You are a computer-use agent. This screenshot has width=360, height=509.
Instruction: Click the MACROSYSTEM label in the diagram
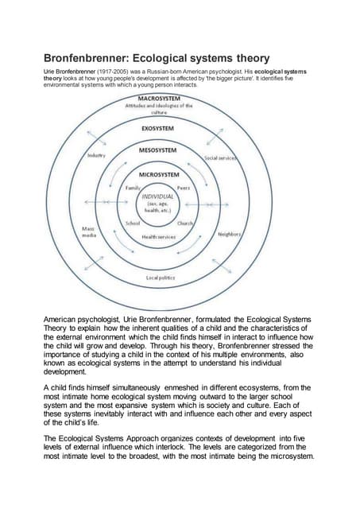tap(159, 99)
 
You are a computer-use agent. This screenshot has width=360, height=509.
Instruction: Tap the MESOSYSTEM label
tap(159, 150)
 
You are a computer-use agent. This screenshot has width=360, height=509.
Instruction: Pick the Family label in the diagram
tap(133, 187)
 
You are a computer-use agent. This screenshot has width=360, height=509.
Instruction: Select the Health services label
tap(159, 237)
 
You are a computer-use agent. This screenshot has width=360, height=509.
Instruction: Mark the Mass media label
tap(90, 232)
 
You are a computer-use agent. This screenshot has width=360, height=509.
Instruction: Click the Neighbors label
tap(230, 235)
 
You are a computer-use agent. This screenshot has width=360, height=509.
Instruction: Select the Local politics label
tap(160, 277)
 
